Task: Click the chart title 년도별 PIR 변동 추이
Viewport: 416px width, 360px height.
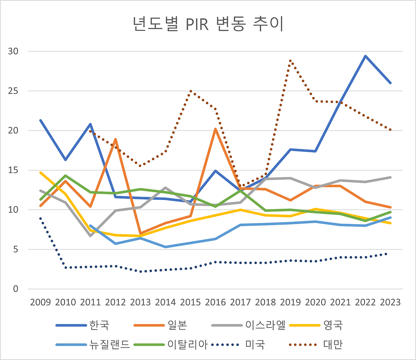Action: click(x=208, y=24)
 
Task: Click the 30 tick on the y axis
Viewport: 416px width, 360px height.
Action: click(x=13, y=51)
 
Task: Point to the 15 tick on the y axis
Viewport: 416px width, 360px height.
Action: click(x=13, y=170)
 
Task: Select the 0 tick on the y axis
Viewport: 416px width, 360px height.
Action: click(x=16, y=289)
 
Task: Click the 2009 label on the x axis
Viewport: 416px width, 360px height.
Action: click(x=40, y=302)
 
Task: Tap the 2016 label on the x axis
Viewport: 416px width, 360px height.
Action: click(x=215, y=302)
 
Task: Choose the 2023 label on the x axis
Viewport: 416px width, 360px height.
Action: click(x=390, y=302)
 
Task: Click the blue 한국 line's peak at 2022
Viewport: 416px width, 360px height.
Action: click(x=365, y=56)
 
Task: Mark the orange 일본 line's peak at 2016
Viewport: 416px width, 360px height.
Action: click(x=215, y=129)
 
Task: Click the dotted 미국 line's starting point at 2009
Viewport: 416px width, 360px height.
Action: click(x=40, y=218)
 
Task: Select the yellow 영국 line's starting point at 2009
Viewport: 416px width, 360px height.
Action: click(x=40, y=172)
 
